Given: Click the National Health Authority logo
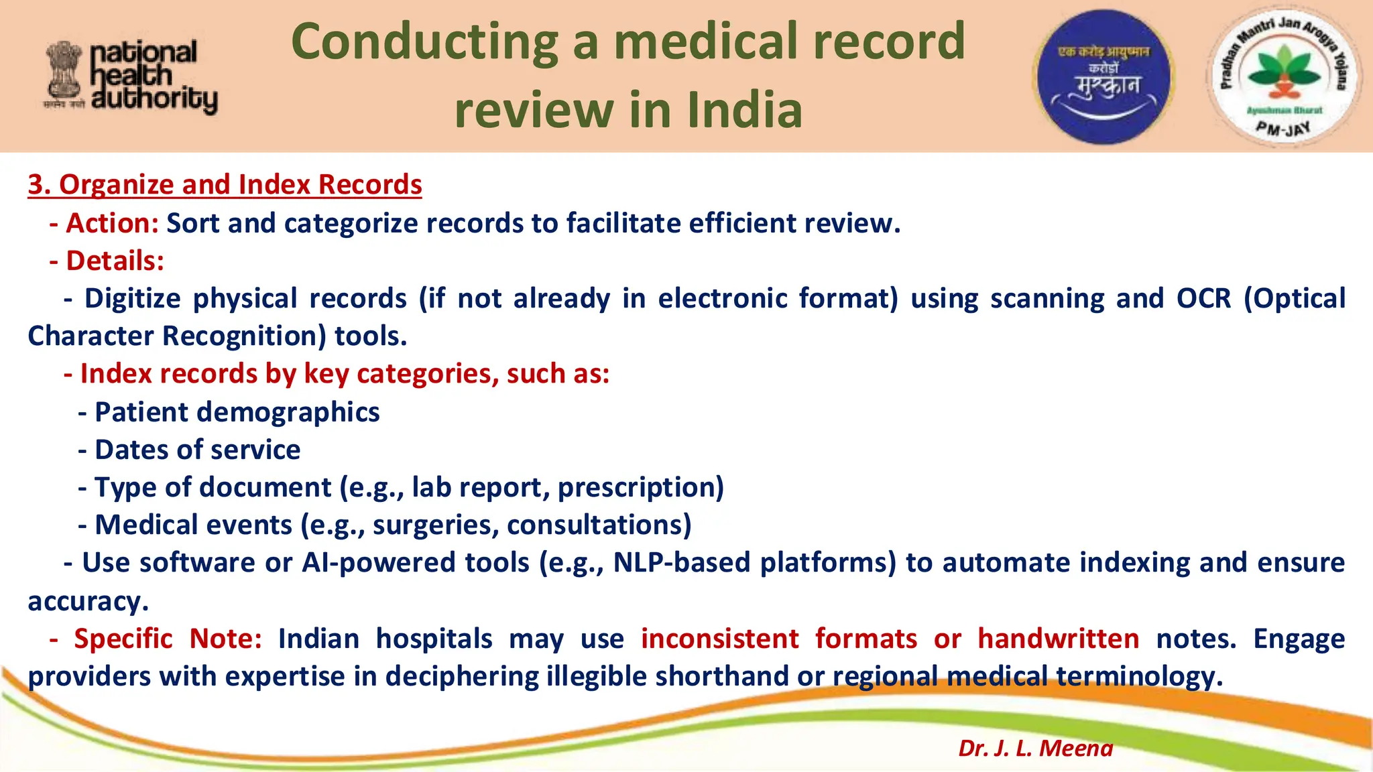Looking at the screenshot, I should tap(131, 76).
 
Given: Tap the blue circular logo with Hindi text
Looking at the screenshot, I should tap(1103, 76).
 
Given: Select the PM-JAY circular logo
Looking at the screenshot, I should tap(1283, 76).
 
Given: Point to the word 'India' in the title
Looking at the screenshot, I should tap(744, 111).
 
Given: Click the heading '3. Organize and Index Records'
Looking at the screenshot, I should tap(225, 184).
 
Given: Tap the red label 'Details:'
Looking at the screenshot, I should tap(115, 261).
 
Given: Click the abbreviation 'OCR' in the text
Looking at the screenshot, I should tap(1203, 298).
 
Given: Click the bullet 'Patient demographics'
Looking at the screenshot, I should tap(237, 412).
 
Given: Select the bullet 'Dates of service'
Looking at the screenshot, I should tap(197, 450).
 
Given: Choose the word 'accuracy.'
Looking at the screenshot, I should tap(88, 601).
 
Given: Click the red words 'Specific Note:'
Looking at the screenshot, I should tap(168, 639).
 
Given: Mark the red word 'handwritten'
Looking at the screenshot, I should tap(1058, 639).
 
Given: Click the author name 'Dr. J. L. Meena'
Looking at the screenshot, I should tap(1035, 748).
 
